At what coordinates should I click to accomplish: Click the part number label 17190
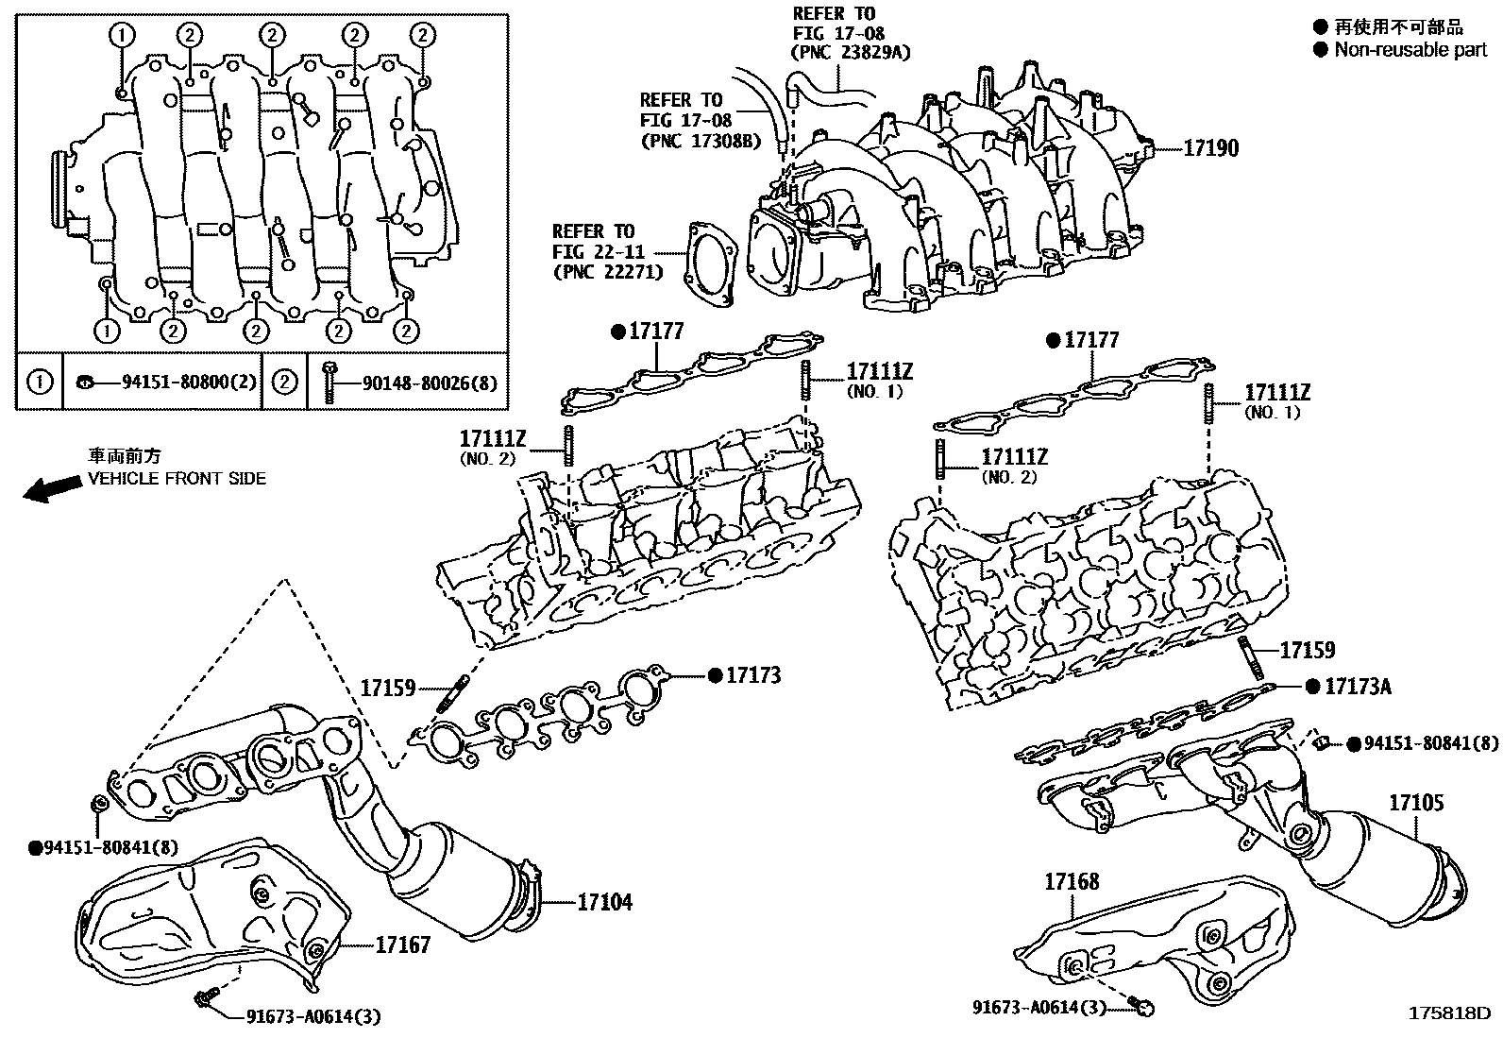tap(1211, 148)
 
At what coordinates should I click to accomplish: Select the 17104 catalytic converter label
tap(604, 902)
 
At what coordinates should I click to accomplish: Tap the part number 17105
tap(1415, 803)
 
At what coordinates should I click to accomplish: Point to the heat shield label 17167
tap(403, 944)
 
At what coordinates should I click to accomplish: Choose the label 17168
tap(1072, 882)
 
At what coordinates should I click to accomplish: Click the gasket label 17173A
tap(1358, 687)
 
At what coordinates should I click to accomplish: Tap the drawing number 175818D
tap(1448, 1013)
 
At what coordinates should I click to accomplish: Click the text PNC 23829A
tap(852, 53)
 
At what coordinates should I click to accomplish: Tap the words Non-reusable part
tap(1410, 50)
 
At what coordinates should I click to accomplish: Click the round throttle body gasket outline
tap(712, 264)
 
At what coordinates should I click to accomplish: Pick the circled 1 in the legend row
tap(40, 383)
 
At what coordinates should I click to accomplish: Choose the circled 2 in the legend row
tap(284, 383)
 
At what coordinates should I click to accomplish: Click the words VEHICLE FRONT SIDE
tap(177, 479)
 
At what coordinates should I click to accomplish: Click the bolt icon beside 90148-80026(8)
tap(329, 382)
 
